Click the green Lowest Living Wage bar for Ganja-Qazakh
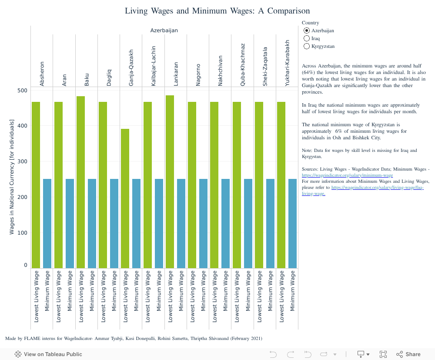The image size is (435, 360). (x=125, y=198)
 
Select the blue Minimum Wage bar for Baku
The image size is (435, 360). (x=92, y=223)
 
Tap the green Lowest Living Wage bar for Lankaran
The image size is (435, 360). (x=170, y=182)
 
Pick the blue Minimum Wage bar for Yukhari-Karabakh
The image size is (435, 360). (x=292, y=223)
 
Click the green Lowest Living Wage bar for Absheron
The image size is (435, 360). (x=36, y=185)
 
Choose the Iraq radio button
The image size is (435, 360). (x=307, y=38)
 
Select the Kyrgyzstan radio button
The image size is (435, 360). (x=307, y=46)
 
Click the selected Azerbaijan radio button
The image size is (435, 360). (x=307, y=30)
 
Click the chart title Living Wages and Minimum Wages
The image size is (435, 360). (x=217, y=11)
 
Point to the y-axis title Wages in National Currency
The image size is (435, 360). (x=12, y=177)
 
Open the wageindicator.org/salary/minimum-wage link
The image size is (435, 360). (x=347, y=175)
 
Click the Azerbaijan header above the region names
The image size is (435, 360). (x=164, y=30)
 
